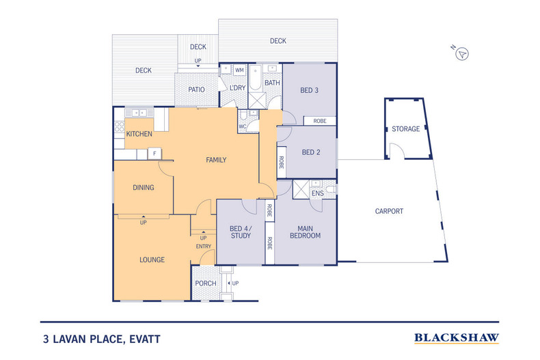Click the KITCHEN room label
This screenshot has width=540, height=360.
coord(139,134)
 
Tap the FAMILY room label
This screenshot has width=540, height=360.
coord(216,160)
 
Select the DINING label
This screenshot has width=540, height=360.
coord(143,187)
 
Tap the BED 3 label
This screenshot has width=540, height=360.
coord(310,90)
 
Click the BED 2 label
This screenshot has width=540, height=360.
coord(311,152)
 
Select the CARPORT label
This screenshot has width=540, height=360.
coord(389,211)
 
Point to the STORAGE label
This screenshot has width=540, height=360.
coord(405,129)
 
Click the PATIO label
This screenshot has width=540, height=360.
coord(197,89)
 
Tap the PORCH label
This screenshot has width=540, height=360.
coord(206,283)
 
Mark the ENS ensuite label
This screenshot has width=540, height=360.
coord(317,194)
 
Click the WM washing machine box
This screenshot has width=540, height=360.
coord(239,70)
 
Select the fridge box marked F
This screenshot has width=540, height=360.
coord(155,154)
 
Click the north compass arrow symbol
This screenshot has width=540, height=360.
coord(462,53)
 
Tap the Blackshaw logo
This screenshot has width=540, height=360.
coord(457,337)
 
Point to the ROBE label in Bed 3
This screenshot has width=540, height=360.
coord(320,121)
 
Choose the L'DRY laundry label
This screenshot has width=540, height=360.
coord(237,88)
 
